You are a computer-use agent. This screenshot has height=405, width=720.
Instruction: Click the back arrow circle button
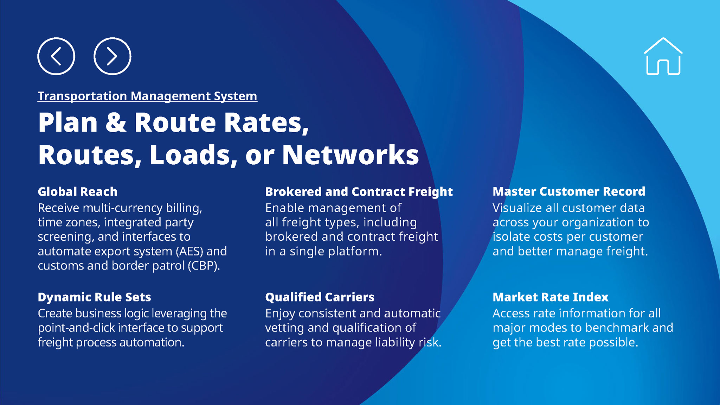pyautogui.click(x=56, y=56)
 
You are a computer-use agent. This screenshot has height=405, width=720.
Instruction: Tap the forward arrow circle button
pyautogui.click(x=112, y=56)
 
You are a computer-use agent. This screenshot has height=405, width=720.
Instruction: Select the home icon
pyautogui.click(x=663, y=57)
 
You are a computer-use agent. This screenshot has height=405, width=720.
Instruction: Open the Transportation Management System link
pyautogui.click(x=147, y=96)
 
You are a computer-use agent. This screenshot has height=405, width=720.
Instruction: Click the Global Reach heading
pyautogui.click(x=77, y=192)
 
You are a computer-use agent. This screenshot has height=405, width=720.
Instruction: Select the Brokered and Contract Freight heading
pyautogui.click(x=359, y=192)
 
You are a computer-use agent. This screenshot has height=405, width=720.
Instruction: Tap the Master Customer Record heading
pyautogui.click(x=569, y=191)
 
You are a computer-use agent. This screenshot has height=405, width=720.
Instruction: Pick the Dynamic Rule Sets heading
pyautogui.click(x=94, y=297)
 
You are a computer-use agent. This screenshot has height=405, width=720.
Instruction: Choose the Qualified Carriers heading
pyautogui.click(x=320, y=297)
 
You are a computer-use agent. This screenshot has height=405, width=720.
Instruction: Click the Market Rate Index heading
pyautogui.click(x=550, y=297)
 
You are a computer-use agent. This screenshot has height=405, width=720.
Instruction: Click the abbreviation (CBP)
pyautogui.click(x=204, y=266)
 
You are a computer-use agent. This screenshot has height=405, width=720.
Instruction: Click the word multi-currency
pyautogui.click(x=123, y=208)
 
